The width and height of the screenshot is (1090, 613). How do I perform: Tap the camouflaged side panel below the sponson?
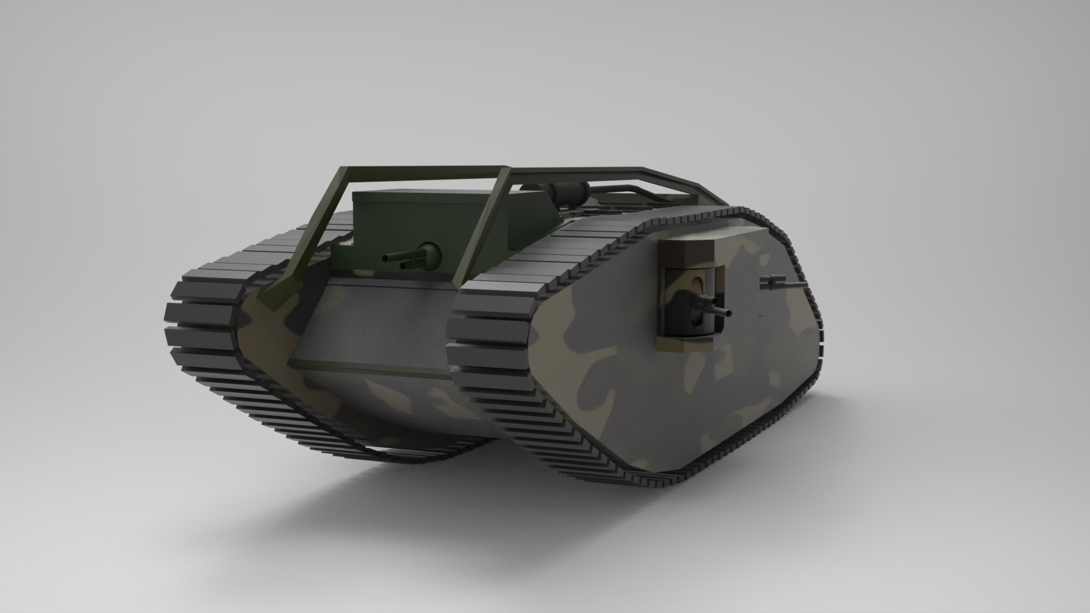(681, 397)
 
